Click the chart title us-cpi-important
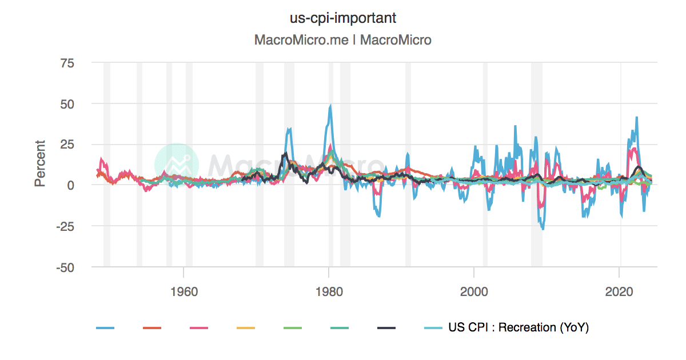tap(343, 18)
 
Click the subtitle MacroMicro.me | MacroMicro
tap(343, 40)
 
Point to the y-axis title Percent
tap(40, 163)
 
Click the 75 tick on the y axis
tap(67, 63)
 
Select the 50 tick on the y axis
tap(67, 104)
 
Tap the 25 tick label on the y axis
tap(67, 145)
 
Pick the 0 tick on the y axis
tap(71, 185)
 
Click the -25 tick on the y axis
tap(65, 226)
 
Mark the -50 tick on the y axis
tap(65, 267)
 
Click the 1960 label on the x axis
tap(184, 290)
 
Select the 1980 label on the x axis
tap(329, 290)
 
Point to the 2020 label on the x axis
tap(620, 290)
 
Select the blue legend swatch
tap(105, 328)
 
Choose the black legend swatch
tap(386, 328)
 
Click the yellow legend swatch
tap(246, 328)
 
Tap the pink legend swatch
tap(199, 328)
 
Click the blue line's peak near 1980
tap(330, 106)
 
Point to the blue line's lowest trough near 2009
tap(543, 229)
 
